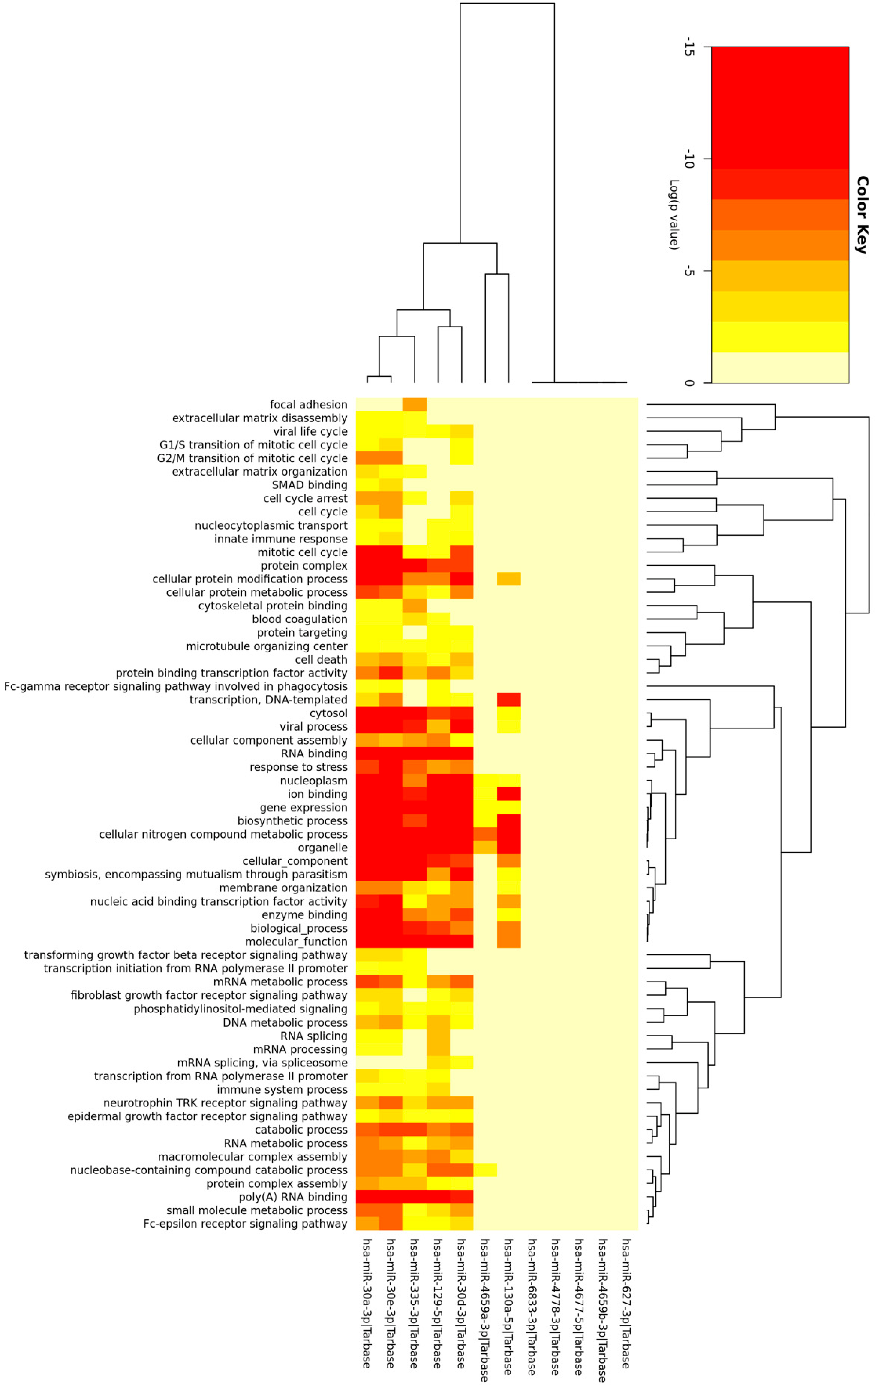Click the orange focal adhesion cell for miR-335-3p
pyautogui.click(x=414, y=405)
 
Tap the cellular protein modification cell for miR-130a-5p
pyautogui.click(x=509, y=579)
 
